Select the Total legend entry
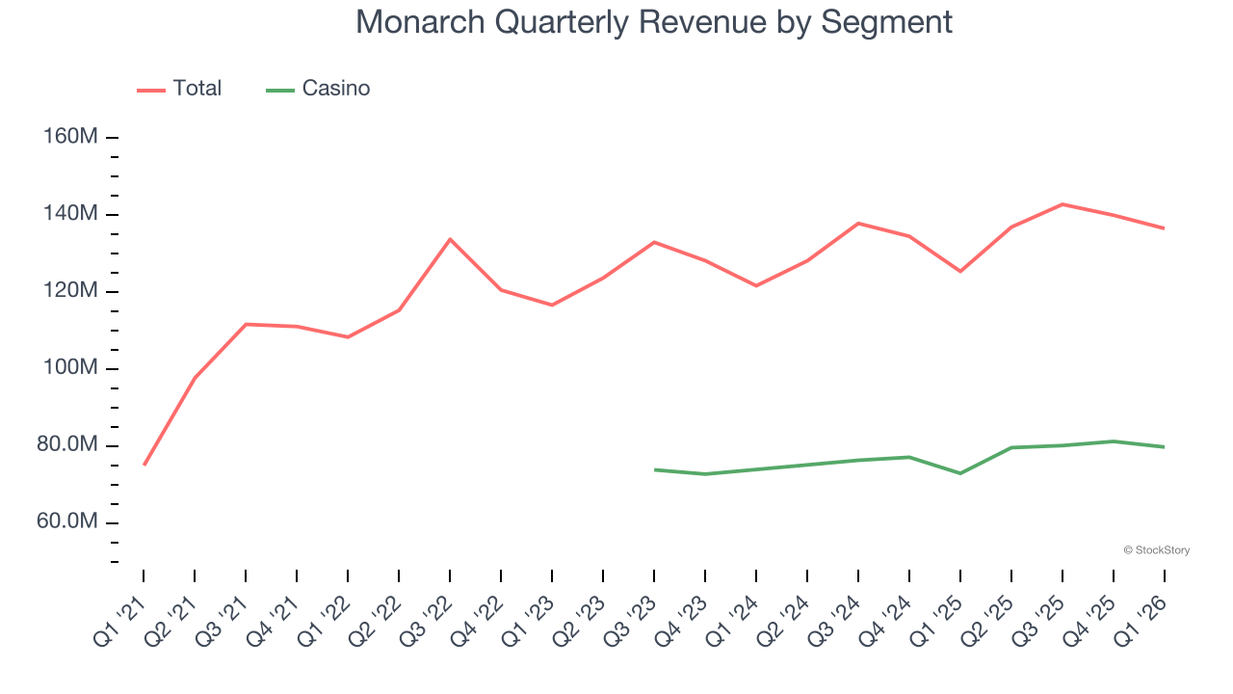[x=179, y=89]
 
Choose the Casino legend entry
[x=318, y=89]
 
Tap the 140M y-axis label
[x=70, y=214]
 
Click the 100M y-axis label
[x=70, y=368]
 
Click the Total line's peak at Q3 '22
[x=450, y=239]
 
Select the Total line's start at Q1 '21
[x=144, y=465]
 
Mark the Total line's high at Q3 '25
[x=1062, y=204]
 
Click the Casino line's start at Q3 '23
[x=654, y=469]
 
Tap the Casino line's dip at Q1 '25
[x=960, y=473]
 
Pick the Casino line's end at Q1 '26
[x=1165, y=446]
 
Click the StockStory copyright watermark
[x=1156, y=550]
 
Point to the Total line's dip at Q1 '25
[x=960, y=271]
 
